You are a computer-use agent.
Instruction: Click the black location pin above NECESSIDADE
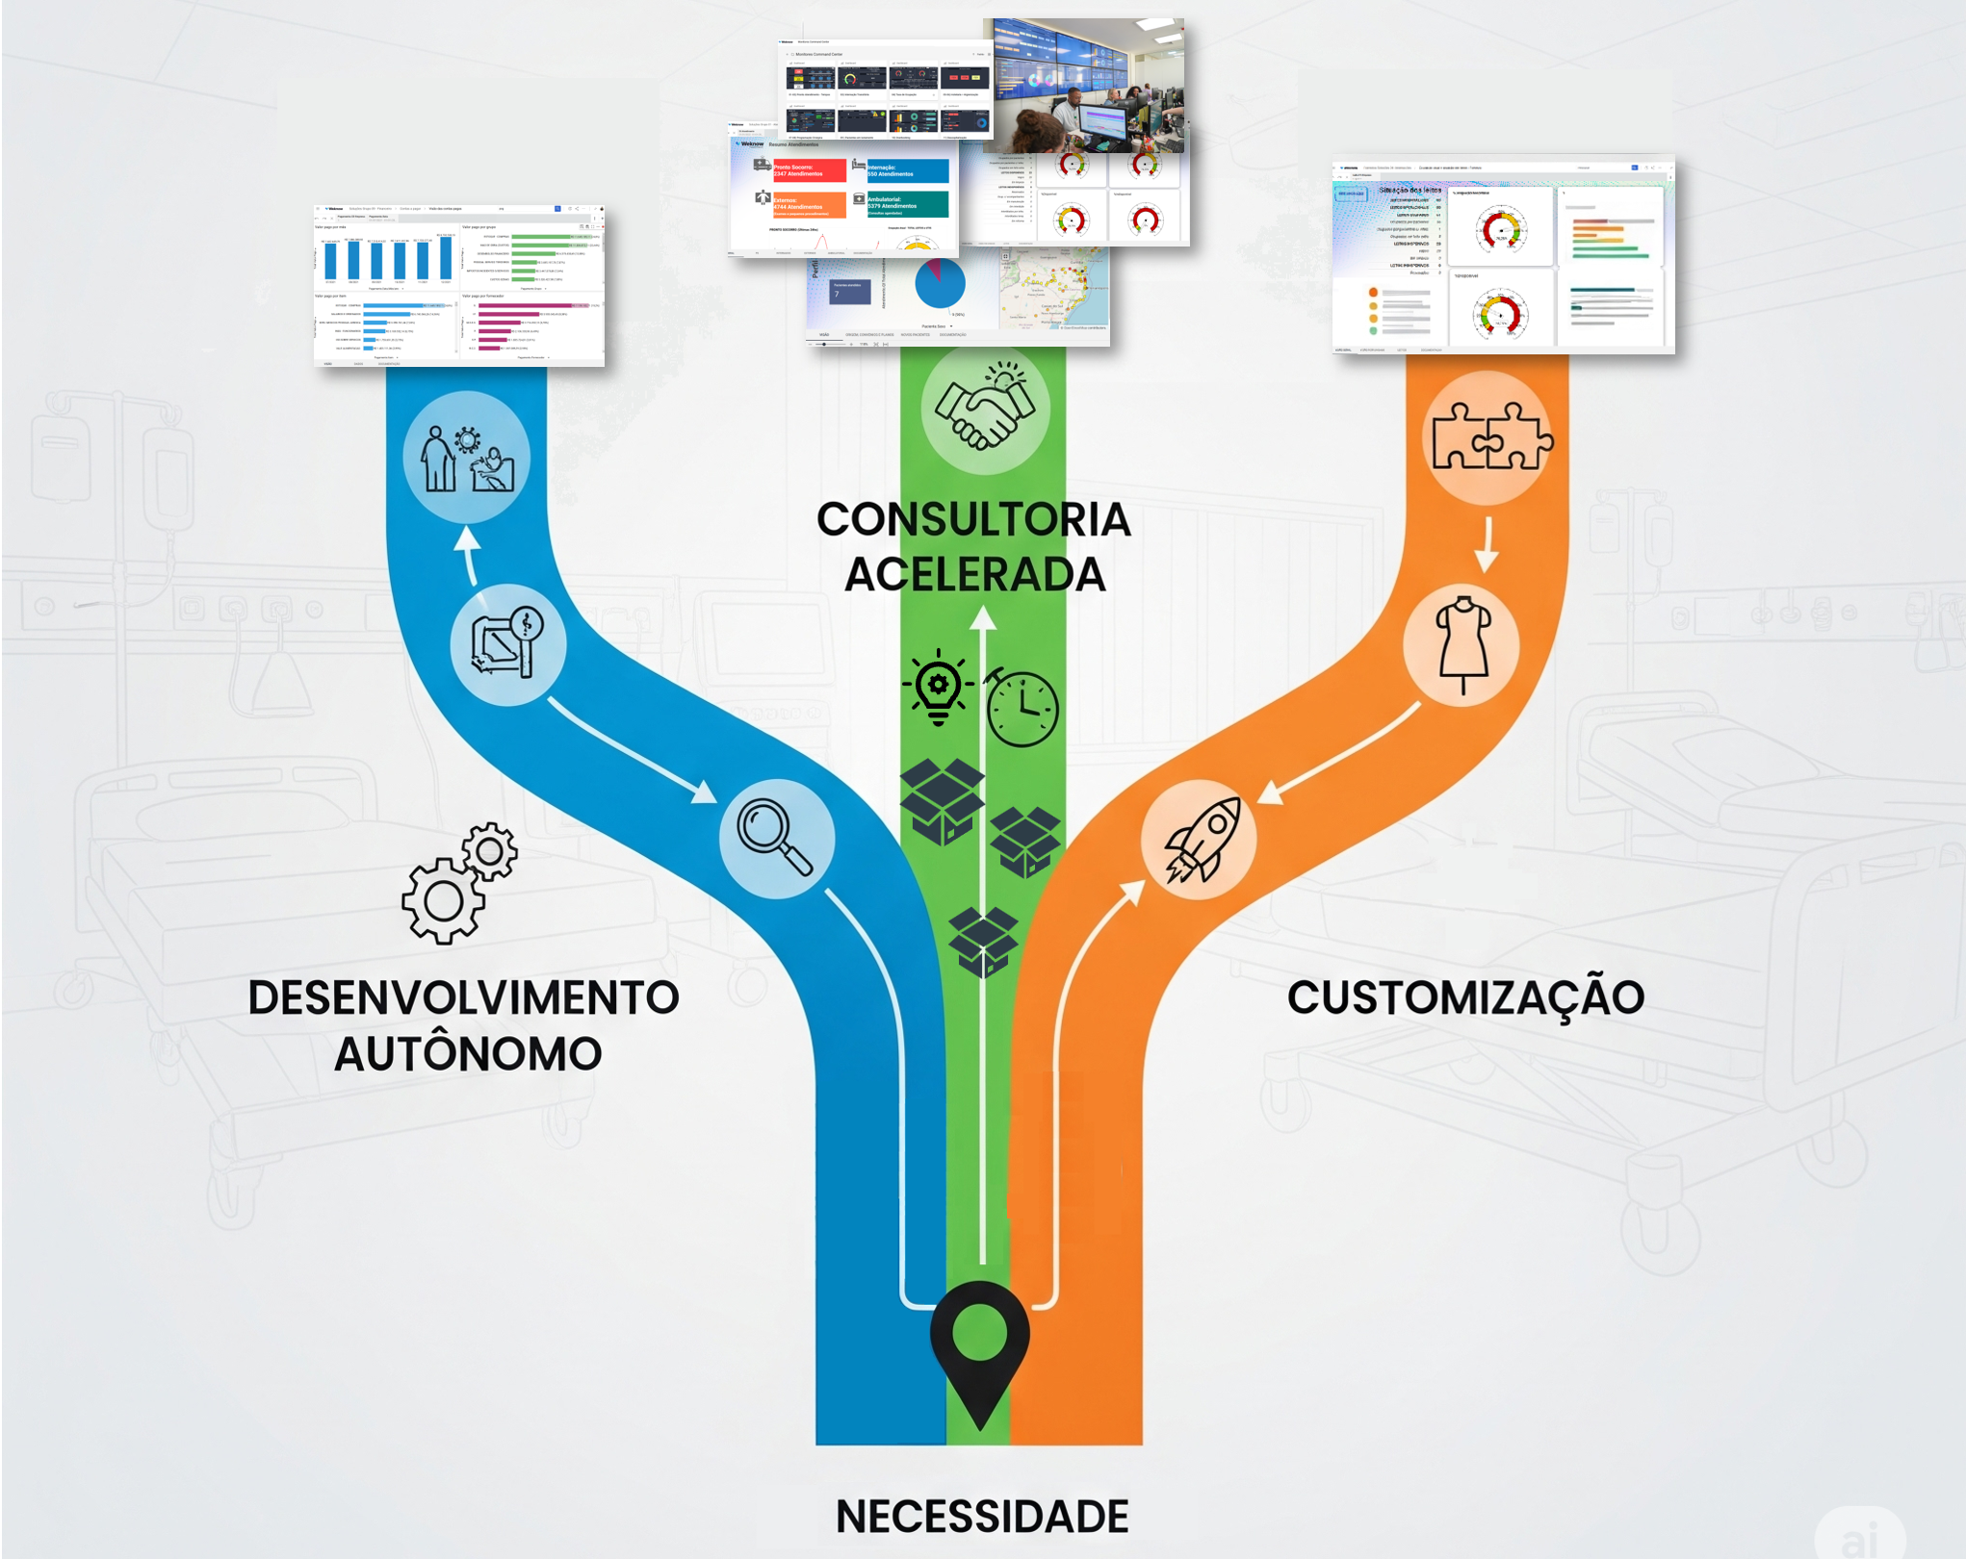coord(979,1343)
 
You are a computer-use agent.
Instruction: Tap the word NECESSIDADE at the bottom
coord(982,1517)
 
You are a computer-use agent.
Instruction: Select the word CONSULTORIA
coord(973,520)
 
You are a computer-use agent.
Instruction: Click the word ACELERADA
coord(975,575)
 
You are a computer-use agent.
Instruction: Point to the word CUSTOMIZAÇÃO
coord(1465,998)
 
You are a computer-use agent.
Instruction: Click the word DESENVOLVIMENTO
coord(463,998)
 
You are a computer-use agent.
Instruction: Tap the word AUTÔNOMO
coord(468,1053)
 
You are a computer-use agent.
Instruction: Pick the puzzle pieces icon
coord(1489,438)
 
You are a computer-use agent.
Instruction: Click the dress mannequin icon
coord(1462,643)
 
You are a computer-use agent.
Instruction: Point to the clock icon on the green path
coord(1022,709)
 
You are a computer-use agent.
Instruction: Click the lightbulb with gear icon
coord(938,688)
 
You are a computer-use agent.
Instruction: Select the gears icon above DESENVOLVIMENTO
coord(458,883)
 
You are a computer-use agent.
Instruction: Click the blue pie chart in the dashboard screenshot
coord(939,283)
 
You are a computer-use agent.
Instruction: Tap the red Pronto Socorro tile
coord(809,170)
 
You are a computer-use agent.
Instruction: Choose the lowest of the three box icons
coord(982,940)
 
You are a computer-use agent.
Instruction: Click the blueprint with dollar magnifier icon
coord(507,643)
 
